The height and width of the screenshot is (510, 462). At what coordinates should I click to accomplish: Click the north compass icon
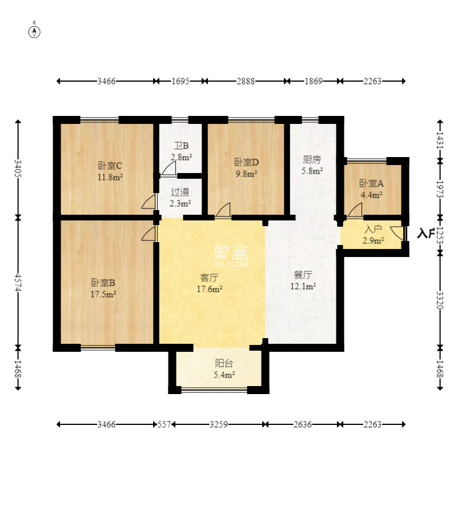pyautogui.click(x=34, y=31)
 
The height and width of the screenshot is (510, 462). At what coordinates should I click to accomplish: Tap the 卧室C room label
pyautogui.click(x=110, y=166)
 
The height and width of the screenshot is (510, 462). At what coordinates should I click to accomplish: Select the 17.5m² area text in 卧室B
pyautogui.click(x=103, y=294)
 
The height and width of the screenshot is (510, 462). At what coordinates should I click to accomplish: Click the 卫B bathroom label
pyautogui.click(x=181, y=146)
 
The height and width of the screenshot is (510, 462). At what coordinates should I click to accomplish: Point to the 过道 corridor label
pyautogui.click(x=180, y=192)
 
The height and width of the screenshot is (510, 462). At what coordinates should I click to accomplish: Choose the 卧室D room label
pyautogui.click(x=247, y=162)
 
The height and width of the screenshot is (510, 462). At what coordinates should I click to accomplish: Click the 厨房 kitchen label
pyautogui.click(x=312, y=159)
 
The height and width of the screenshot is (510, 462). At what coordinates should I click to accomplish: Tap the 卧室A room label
pyautogui.click(x=371, y=183)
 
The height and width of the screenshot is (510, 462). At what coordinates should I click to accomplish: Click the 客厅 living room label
pyautogui.click(x=210, y=278)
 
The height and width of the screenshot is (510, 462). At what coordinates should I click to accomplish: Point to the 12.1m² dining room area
pyautogui.click(x=303, y=286)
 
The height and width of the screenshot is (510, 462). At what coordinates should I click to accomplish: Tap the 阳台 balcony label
pyautogui.click(x=224, y=363)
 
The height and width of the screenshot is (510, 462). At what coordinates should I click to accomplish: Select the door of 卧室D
pyautogui.click(x=223, y=210)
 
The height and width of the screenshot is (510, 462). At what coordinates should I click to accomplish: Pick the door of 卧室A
pyautogui.click(x=355, y=210)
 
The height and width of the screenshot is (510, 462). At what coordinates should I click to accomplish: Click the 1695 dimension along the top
pyautogui.click(x=180, y=81)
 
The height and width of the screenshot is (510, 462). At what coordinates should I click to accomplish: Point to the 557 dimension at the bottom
pyautogui.click(x=164, y=424)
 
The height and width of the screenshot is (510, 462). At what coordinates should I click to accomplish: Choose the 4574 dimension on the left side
pyautogui.click(x=18, y=282)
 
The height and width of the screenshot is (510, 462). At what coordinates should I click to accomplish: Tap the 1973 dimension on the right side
pyautogui.click(x=440, y=189)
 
